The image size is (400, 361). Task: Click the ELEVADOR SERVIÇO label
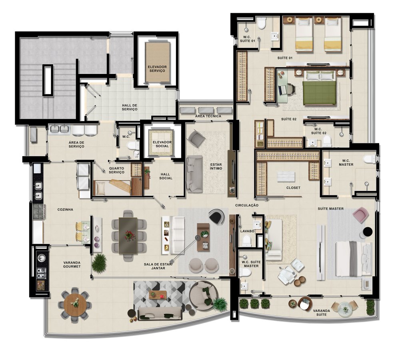coord(157,69)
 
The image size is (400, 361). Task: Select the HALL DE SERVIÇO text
coord(130,107)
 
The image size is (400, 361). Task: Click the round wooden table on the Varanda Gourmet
coord(75,303)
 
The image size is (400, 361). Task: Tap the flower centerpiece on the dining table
coord(130,235)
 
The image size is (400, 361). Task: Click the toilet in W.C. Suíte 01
coord(261,24)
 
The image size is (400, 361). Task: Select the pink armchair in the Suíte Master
coord(361,214)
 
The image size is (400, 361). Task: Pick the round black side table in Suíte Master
coord(368,232)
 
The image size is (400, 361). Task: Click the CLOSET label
coord(293,188)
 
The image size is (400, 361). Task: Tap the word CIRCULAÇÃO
coord(247,205)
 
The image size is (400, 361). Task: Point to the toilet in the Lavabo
coord(247,241)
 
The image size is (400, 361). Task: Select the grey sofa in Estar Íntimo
coord(194,174)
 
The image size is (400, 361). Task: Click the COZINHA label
coord(65,210)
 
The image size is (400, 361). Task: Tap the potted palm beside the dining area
coord(99,263)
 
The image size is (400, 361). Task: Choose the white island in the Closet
coord(286,177)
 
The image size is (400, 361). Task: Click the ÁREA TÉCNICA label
coord(208,116)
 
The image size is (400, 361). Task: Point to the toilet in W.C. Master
coord(369,159)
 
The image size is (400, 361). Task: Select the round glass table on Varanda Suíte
coord(346,309)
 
